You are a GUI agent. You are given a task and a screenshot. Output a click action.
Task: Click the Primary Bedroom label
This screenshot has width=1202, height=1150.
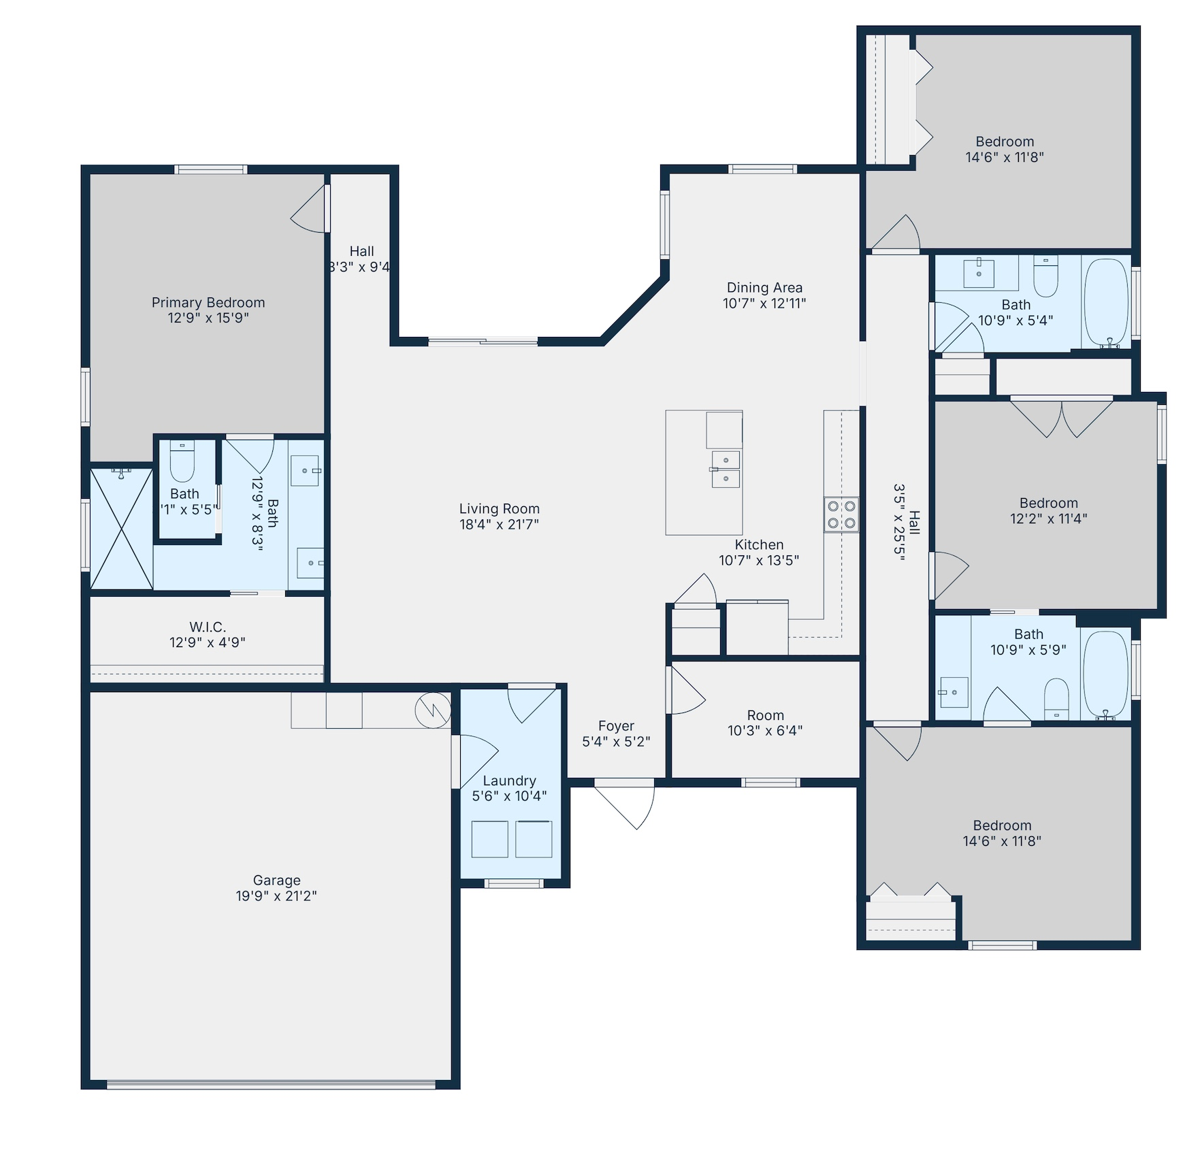point(208,303)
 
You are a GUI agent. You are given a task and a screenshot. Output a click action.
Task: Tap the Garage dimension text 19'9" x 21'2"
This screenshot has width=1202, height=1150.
point(276,896)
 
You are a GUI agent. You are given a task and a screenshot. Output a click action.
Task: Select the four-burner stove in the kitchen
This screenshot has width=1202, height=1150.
point(841,514)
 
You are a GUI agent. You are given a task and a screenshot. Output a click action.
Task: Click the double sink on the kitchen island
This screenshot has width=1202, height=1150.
point(726,470)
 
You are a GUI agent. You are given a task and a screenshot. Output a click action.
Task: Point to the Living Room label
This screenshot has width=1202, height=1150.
point(499,509)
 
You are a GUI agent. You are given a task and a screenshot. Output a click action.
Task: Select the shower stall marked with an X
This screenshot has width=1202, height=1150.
point(122,529)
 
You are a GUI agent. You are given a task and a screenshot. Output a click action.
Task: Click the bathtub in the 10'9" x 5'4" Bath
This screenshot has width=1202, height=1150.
point(1106,301)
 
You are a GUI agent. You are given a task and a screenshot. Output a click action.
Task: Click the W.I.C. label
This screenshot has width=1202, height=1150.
point(208,627)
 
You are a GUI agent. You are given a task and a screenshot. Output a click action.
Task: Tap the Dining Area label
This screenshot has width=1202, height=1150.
point(764,288)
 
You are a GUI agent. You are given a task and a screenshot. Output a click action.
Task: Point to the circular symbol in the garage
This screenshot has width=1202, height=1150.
point(433,710)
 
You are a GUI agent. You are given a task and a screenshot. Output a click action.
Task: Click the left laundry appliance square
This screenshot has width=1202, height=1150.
point(489,839)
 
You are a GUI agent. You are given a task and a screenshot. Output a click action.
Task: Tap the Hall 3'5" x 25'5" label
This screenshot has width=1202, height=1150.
point(907,522)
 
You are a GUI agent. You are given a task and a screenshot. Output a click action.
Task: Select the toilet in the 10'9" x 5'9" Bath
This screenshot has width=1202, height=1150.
point(1056,698)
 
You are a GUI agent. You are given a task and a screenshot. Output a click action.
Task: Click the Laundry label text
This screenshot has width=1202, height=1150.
point(509,781)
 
